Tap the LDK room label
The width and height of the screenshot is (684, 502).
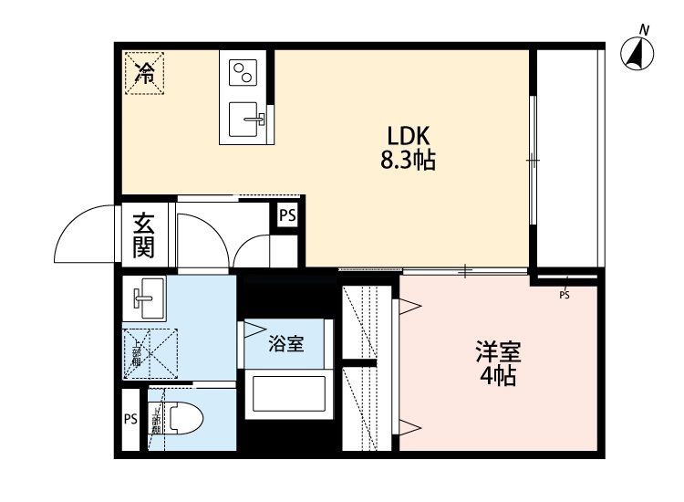point(407,133)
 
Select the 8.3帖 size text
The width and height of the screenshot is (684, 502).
point(407,162)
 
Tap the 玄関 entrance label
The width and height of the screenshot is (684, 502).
point(143,235)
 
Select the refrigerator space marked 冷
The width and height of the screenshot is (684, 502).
point(144,73)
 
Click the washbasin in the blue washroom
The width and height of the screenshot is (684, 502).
point(146,297)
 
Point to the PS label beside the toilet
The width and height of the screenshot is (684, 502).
point(130,420)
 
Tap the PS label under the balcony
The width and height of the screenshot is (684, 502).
point(565,294)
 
